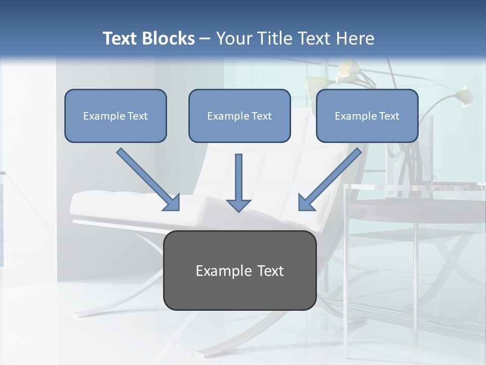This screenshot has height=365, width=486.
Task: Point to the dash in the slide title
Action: pos(205,39)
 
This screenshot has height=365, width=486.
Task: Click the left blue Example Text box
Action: pos(115,116)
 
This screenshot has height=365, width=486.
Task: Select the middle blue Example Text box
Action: pos(239,116)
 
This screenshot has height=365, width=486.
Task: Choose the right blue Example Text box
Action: pos(367,116)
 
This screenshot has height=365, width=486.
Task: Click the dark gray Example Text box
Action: pos(239,271)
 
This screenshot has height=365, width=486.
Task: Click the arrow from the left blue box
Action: pos(147,178)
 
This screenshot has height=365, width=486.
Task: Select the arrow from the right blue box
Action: pos(332,178)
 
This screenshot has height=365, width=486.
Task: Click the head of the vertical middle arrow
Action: pos(238,205)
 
